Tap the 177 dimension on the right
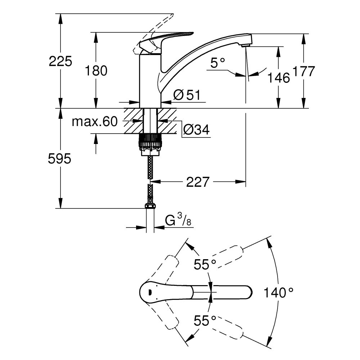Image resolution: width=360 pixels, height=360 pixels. coord(304,71)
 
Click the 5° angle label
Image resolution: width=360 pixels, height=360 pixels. coord(217,64)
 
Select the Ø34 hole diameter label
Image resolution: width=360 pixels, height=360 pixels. coord(196,129)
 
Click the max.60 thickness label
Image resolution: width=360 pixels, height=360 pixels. coord(95,122)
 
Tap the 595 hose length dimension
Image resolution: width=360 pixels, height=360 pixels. coord(60,159)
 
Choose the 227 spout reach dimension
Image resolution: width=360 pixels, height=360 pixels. coord(197,182)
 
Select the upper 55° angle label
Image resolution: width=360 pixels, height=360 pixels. coord(205,265)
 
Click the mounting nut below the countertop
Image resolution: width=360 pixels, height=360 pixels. coord(150,142)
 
